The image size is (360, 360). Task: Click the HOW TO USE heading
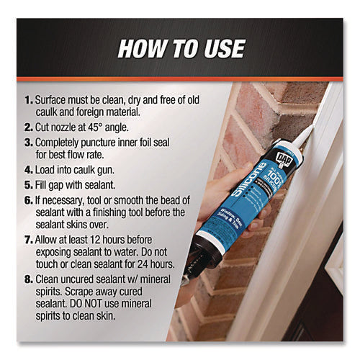[179, 48]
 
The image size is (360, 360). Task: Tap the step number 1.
[27, 99]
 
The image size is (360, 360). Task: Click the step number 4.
[27, 171]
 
